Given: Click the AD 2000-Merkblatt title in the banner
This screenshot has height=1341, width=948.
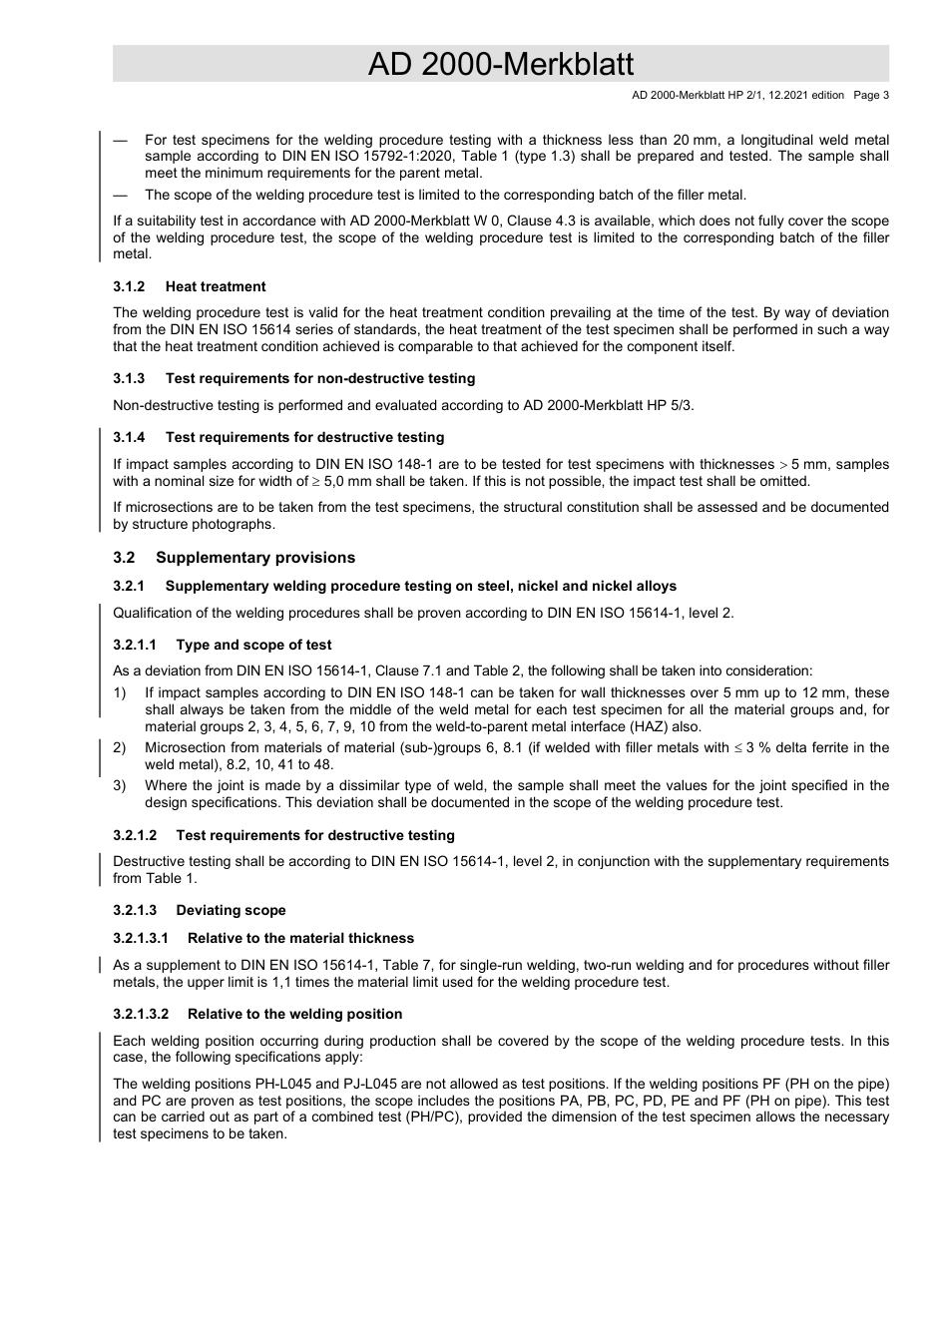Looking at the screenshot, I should [500, 64].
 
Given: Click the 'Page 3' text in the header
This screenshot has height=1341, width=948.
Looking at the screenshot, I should [870, 96].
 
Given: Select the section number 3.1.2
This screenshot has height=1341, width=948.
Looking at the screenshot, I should [129, 286].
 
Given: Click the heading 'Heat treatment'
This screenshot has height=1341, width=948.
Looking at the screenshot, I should [216, 286].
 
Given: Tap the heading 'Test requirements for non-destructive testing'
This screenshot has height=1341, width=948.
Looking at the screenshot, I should [320, 378].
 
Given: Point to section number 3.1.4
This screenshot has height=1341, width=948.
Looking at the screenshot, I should [129, 437].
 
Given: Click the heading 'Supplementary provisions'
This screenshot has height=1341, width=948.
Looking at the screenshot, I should [255, 558].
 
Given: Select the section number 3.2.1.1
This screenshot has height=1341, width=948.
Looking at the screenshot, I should [135, 645].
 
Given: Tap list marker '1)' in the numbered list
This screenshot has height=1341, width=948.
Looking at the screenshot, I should [120, 692].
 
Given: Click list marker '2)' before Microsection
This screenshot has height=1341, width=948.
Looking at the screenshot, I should [120, 747].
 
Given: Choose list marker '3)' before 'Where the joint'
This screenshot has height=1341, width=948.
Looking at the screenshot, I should [120, 785].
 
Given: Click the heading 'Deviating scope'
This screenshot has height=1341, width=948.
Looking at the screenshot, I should [231, 910].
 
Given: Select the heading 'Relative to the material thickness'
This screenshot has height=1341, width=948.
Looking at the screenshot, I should [300, 938].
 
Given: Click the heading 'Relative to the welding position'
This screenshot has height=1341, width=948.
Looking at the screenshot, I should [294, 1014].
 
